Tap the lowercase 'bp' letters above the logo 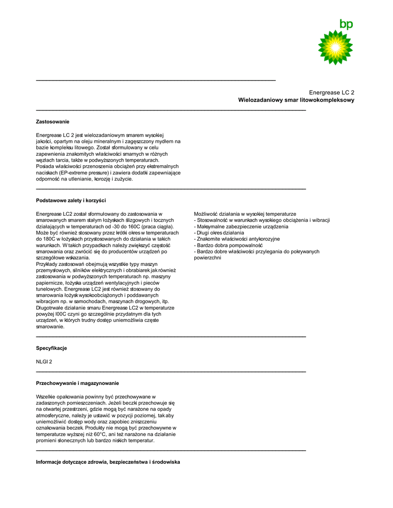click(x=346, y=24)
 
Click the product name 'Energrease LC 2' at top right click(x=331, y=92)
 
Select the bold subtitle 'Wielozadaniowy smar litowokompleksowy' click(x=296, y=100)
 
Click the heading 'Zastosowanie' click(x=53, y=122)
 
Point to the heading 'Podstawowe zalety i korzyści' click(x=71, y=200)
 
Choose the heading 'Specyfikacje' click(x=51, y=348)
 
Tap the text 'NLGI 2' click(x=44, y=362)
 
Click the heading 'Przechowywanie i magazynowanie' click(x=78, y=383)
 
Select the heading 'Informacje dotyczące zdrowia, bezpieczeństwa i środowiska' click(x=108, y=462)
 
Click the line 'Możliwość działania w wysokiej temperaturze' click(x=245, y=213)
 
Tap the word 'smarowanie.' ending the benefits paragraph click(x=50, y=327)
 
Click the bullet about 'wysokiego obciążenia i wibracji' click(x=262, y=220)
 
